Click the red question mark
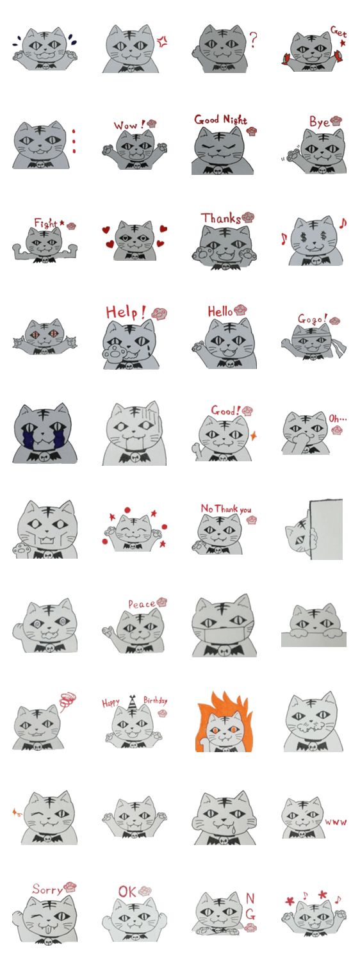[x=253, y=39]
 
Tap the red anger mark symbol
[x=162, y=42]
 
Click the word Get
[x=338, y=31]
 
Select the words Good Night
[x=220, y=119]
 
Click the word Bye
[x=320, y=122]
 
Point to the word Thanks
[x=221, y=218]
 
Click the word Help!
[x=126, y=312]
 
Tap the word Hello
[x=220, y=311]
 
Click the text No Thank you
[x=226, y=509]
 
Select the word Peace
[x=142, y=604]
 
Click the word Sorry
[x=47, y=889]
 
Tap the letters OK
[x=127, y=892]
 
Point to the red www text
[x=336, y=822]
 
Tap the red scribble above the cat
[x=67, y=701]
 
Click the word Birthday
[x=155, y=701]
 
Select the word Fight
[x=46, y=223]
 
